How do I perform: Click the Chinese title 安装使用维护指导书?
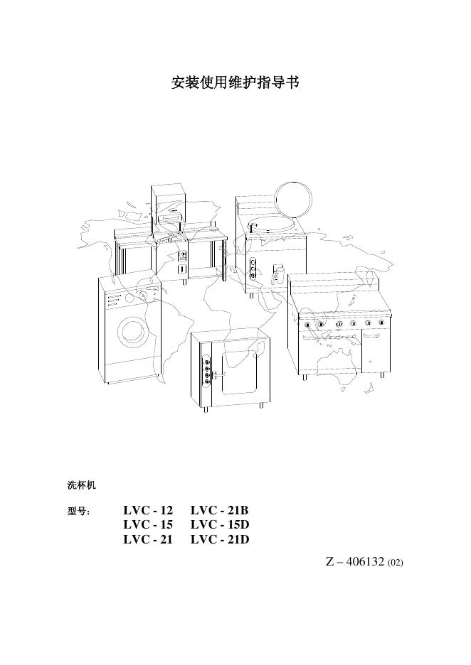coord(235,84)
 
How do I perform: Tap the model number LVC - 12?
coord(148,511)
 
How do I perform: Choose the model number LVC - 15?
coord(148,525)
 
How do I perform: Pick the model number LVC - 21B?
coord(219,511)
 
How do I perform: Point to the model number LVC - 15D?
coord(220,525)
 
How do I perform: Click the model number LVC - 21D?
coord(220,539)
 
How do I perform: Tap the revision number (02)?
coord(396,563)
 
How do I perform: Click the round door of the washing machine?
coord(132,330)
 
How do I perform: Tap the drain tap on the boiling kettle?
coord(278,274)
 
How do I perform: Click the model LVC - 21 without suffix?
coord(148,539)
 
